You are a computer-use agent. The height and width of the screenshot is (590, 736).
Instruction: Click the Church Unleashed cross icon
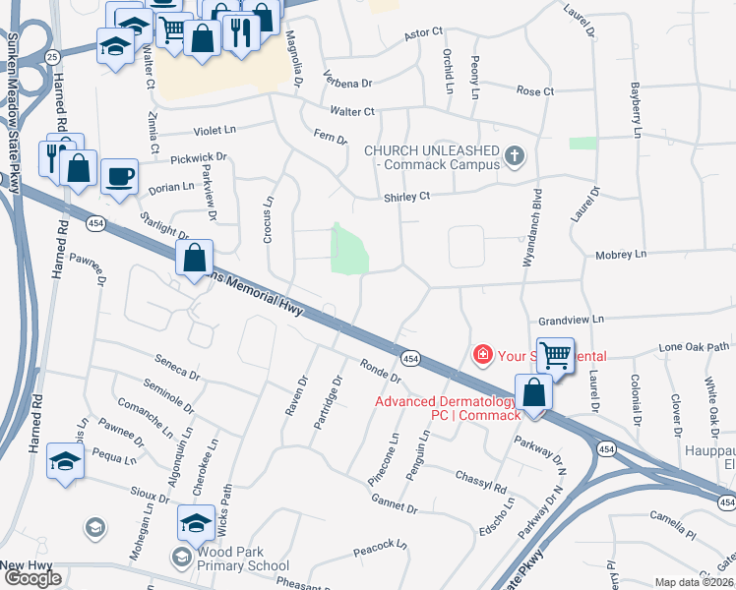514,156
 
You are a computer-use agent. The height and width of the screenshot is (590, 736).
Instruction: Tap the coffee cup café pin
120,176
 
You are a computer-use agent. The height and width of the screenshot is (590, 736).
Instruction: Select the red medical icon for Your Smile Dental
482,354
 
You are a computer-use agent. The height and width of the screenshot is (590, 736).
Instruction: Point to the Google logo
32,578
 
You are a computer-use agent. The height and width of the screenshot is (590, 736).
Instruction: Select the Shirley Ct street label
407,197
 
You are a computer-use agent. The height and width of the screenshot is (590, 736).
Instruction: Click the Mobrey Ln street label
620,255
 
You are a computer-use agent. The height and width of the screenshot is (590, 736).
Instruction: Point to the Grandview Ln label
571,321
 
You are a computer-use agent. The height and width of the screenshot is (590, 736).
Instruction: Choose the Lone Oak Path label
695,347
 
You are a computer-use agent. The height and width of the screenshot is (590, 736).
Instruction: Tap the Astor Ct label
425,34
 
